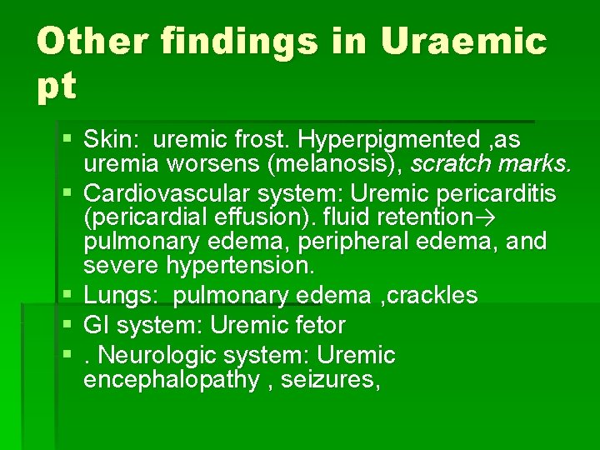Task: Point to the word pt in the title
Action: click(x=57, y=86)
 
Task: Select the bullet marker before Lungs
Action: click(x=71, y=295)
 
